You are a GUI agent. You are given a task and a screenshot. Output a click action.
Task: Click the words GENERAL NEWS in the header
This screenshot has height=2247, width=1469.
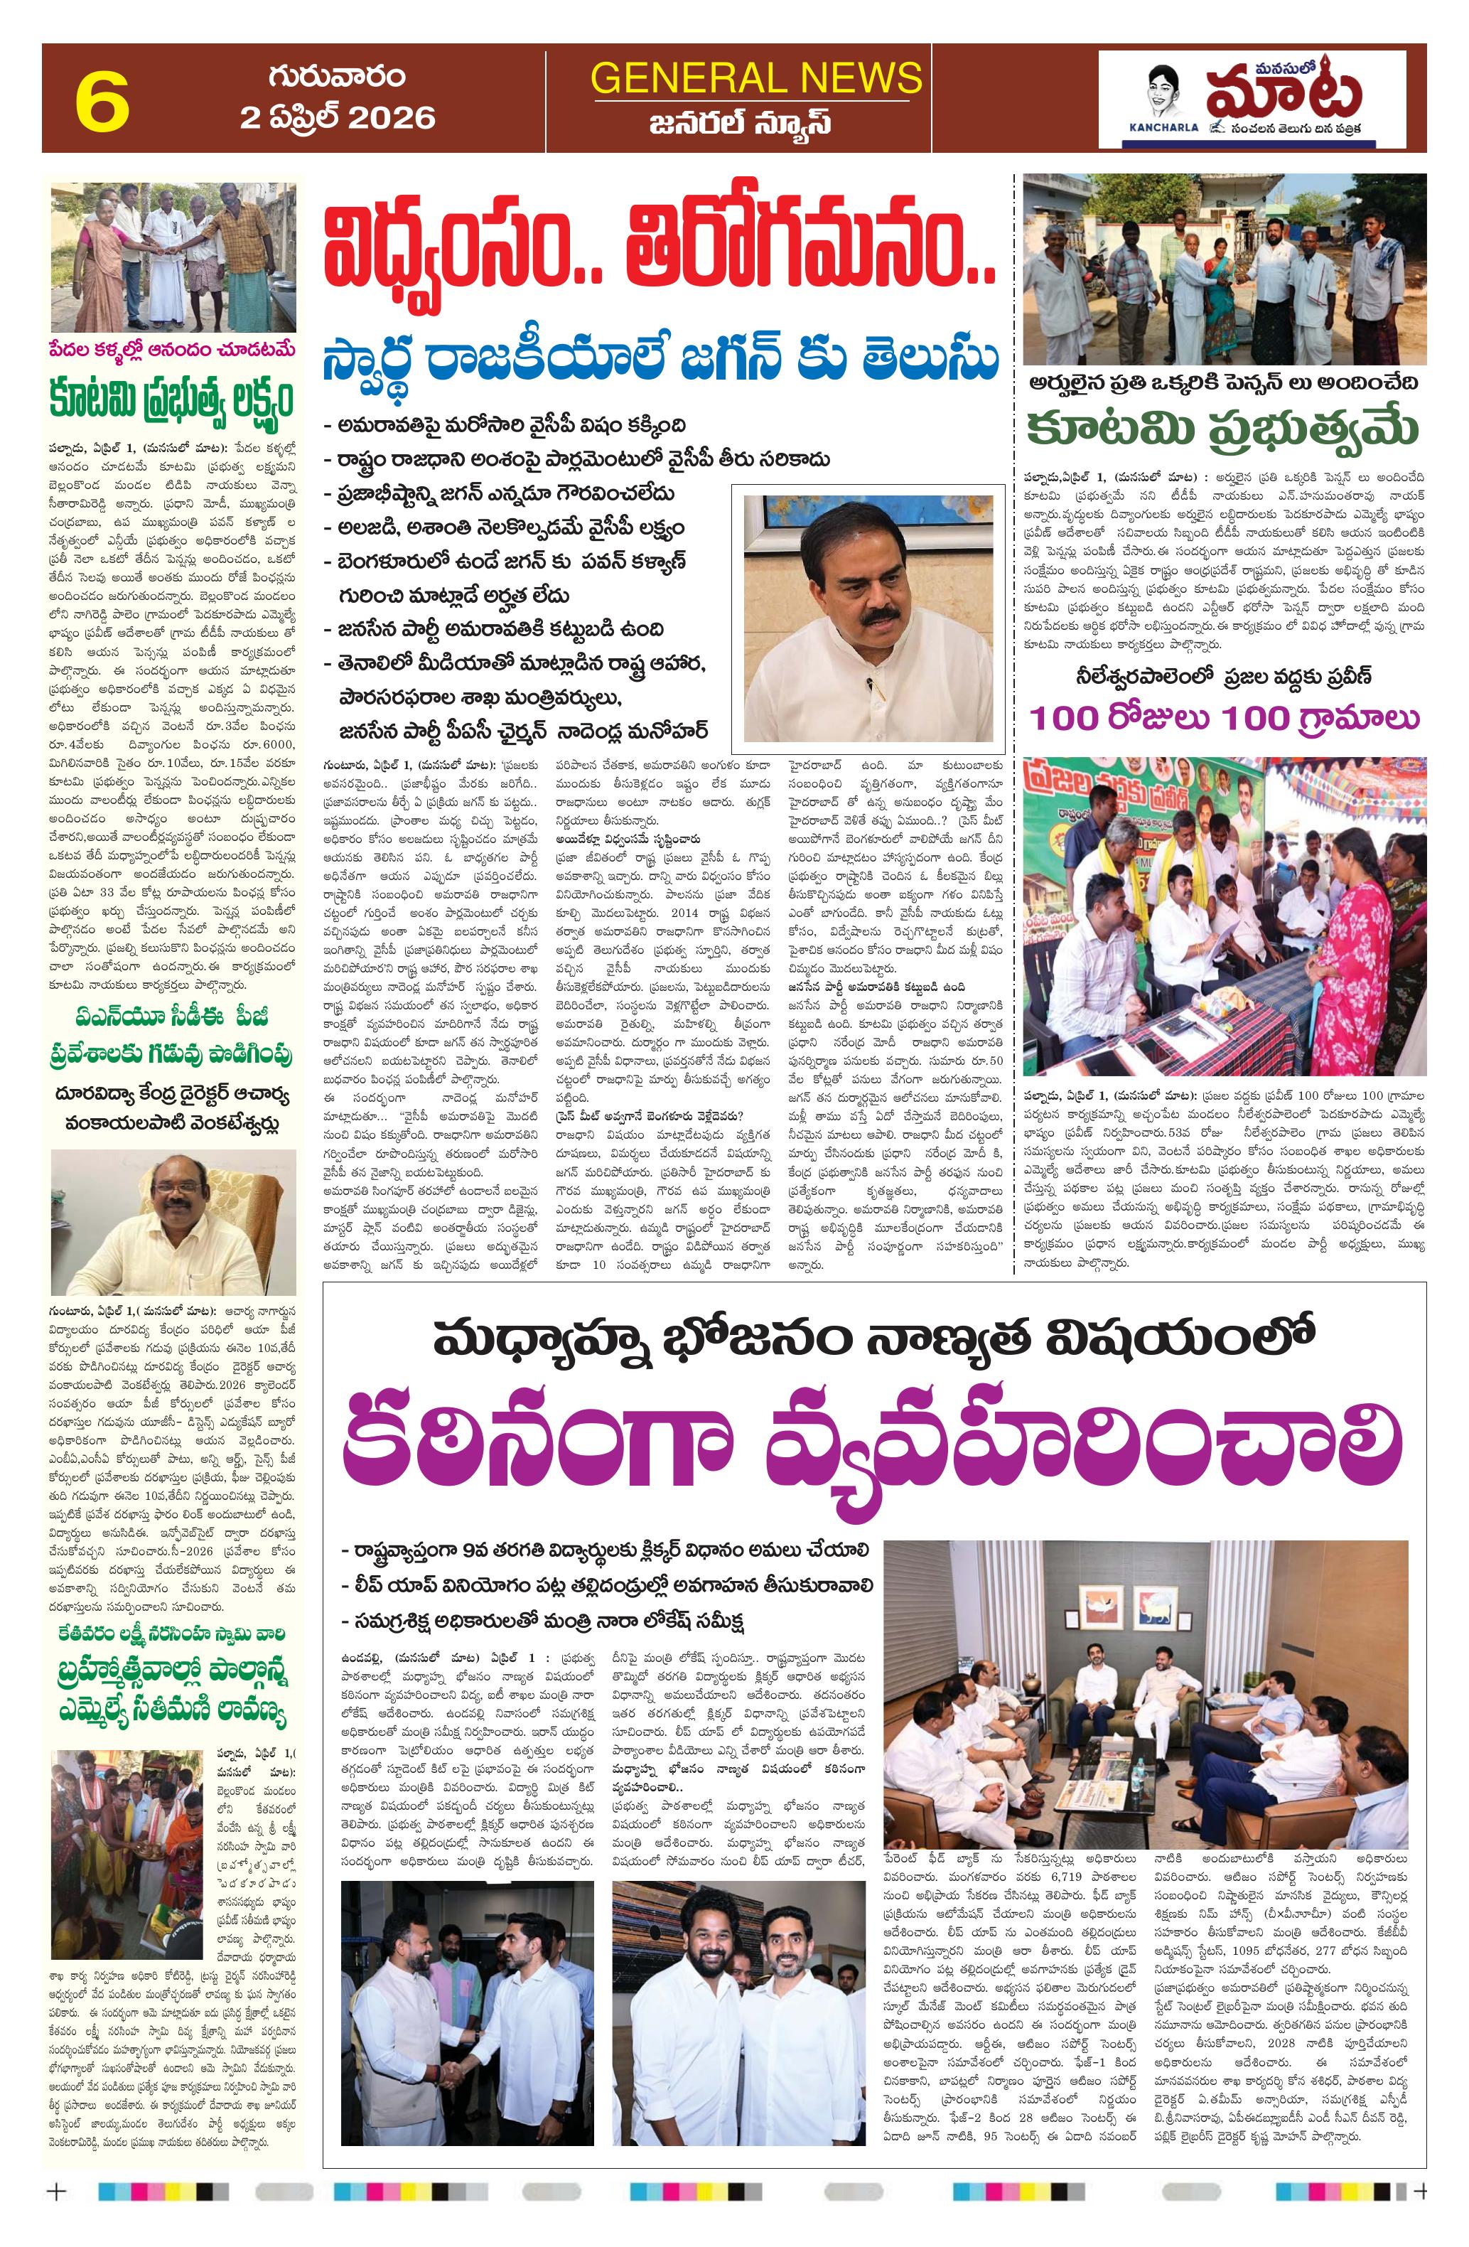(755, 77)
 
